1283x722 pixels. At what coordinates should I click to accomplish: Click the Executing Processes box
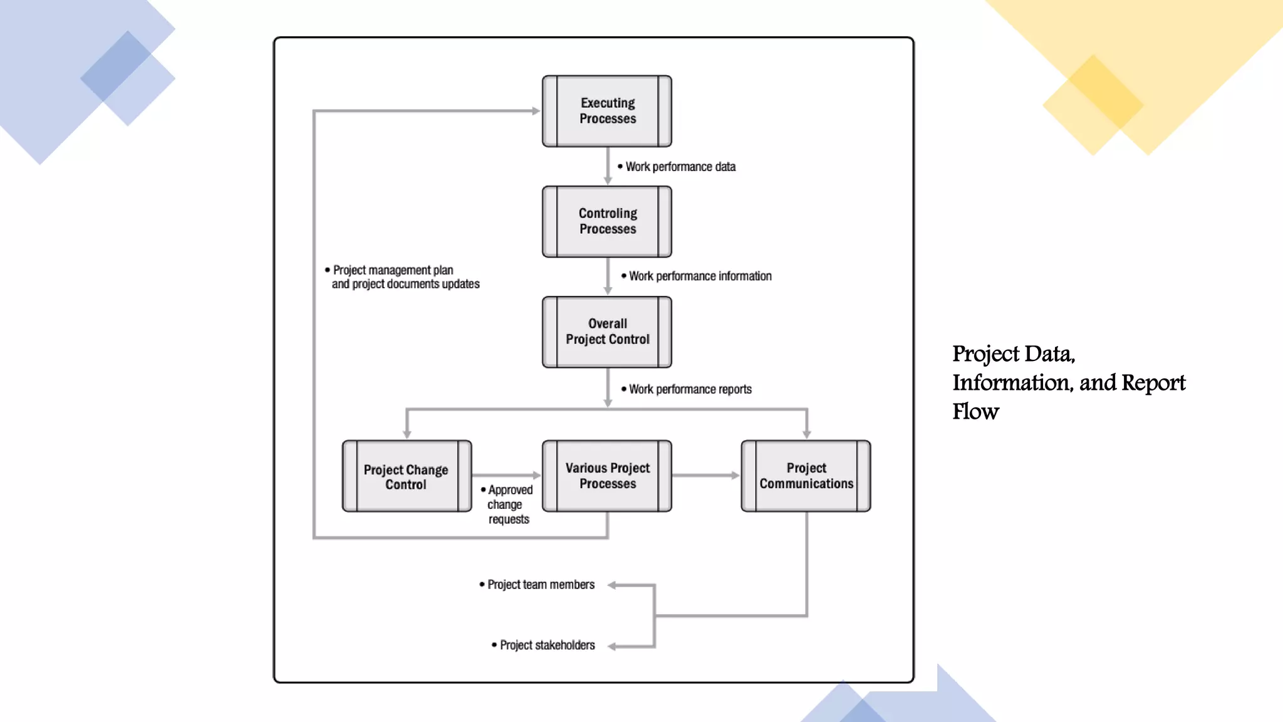[607, 111]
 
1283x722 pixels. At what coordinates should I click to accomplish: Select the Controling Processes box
[607, 221]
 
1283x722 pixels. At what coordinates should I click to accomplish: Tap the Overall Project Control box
[607, 332]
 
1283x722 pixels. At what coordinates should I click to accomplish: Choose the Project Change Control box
[407, 476]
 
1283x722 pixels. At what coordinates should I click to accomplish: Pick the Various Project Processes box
[607, 476]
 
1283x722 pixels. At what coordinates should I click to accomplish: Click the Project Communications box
[806, 476]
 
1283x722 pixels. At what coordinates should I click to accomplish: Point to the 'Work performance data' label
[680, 167]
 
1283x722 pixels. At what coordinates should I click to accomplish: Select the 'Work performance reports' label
[690, 389]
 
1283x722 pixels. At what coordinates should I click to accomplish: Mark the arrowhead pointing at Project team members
[612, 585]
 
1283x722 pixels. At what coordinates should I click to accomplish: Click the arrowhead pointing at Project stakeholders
[612, 647]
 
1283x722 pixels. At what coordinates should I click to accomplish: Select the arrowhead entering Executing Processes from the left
[536, 111]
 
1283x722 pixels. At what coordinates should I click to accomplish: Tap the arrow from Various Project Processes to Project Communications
[705, 476]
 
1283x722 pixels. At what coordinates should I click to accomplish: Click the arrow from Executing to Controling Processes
[608, 166]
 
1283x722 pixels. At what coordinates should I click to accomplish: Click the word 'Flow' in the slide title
[975, 412]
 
